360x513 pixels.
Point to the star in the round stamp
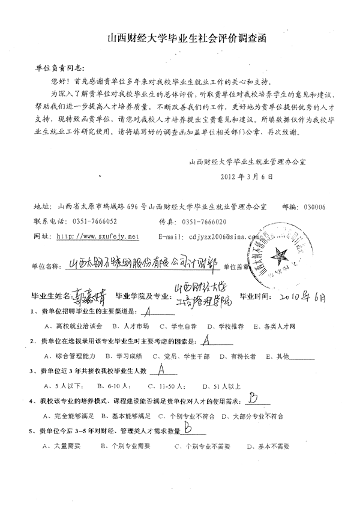[282, 253]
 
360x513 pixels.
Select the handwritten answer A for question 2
[207, 340]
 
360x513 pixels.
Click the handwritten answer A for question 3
[160, 370]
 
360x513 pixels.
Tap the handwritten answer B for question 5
[188, 428]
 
